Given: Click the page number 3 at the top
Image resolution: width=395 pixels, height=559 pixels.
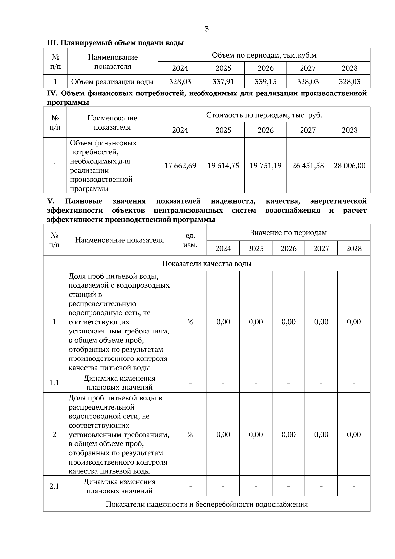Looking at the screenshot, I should tap(207, 29).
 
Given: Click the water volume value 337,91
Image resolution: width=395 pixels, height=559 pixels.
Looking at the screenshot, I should tap(223, 81).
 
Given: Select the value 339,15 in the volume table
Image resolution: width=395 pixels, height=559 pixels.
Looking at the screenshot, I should tap(265, 81).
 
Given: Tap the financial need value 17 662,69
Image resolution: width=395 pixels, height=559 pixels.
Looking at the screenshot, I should tap(180, 165).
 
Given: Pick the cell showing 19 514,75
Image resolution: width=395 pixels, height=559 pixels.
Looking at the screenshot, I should tap(223, 165).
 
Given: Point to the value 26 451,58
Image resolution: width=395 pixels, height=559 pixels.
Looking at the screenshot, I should tap(308, 165).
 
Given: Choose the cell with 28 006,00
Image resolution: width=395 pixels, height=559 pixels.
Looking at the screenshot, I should tap(350, 165).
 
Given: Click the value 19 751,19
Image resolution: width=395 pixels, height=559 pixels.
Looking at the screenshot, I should tap(265, 165).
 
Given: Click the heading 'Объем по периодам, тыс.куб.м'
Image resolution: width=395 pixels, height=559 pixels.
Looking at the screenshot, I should tap(264, 55).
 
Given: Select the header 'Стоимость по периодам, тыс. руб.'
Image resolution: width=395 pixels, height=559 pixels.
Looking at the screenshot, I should tap(264, 115).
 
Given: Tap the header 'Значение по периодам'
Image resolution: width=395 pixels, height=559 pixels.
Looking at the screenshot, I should tap(288, 233).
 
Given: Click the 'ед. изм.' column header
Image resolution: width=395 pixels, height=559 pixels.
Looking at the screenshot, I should tap(190, 240).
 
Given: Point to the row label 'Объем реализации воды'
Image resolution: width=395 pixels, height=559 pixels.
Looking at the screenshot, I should tap(112, 82).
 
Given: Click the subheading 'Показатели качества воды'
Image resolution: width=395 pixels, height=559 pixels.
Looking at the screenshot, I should tap(207, 264).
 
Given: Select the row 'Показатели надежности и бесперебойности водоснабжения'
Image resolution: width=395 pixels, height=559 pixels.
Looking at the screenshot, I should tap(207, 504).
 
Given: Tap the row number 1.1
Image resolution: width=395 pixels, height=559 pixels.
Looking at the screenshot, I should tap(54, 383).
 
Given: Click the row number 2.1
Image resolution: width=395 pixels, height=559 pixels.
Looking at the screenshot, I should tap(54, 486).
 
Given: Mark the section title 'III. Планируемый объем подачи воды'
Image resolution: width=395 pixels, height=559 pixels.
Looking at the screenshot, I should tap(116, 43).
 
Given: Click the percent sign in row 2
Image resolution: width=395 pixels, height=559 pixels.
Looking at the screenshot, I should tap(190, 435).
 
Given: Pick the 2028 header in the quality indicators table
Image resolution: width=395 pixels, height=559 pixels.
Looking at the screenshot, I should tap(354, 249).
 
